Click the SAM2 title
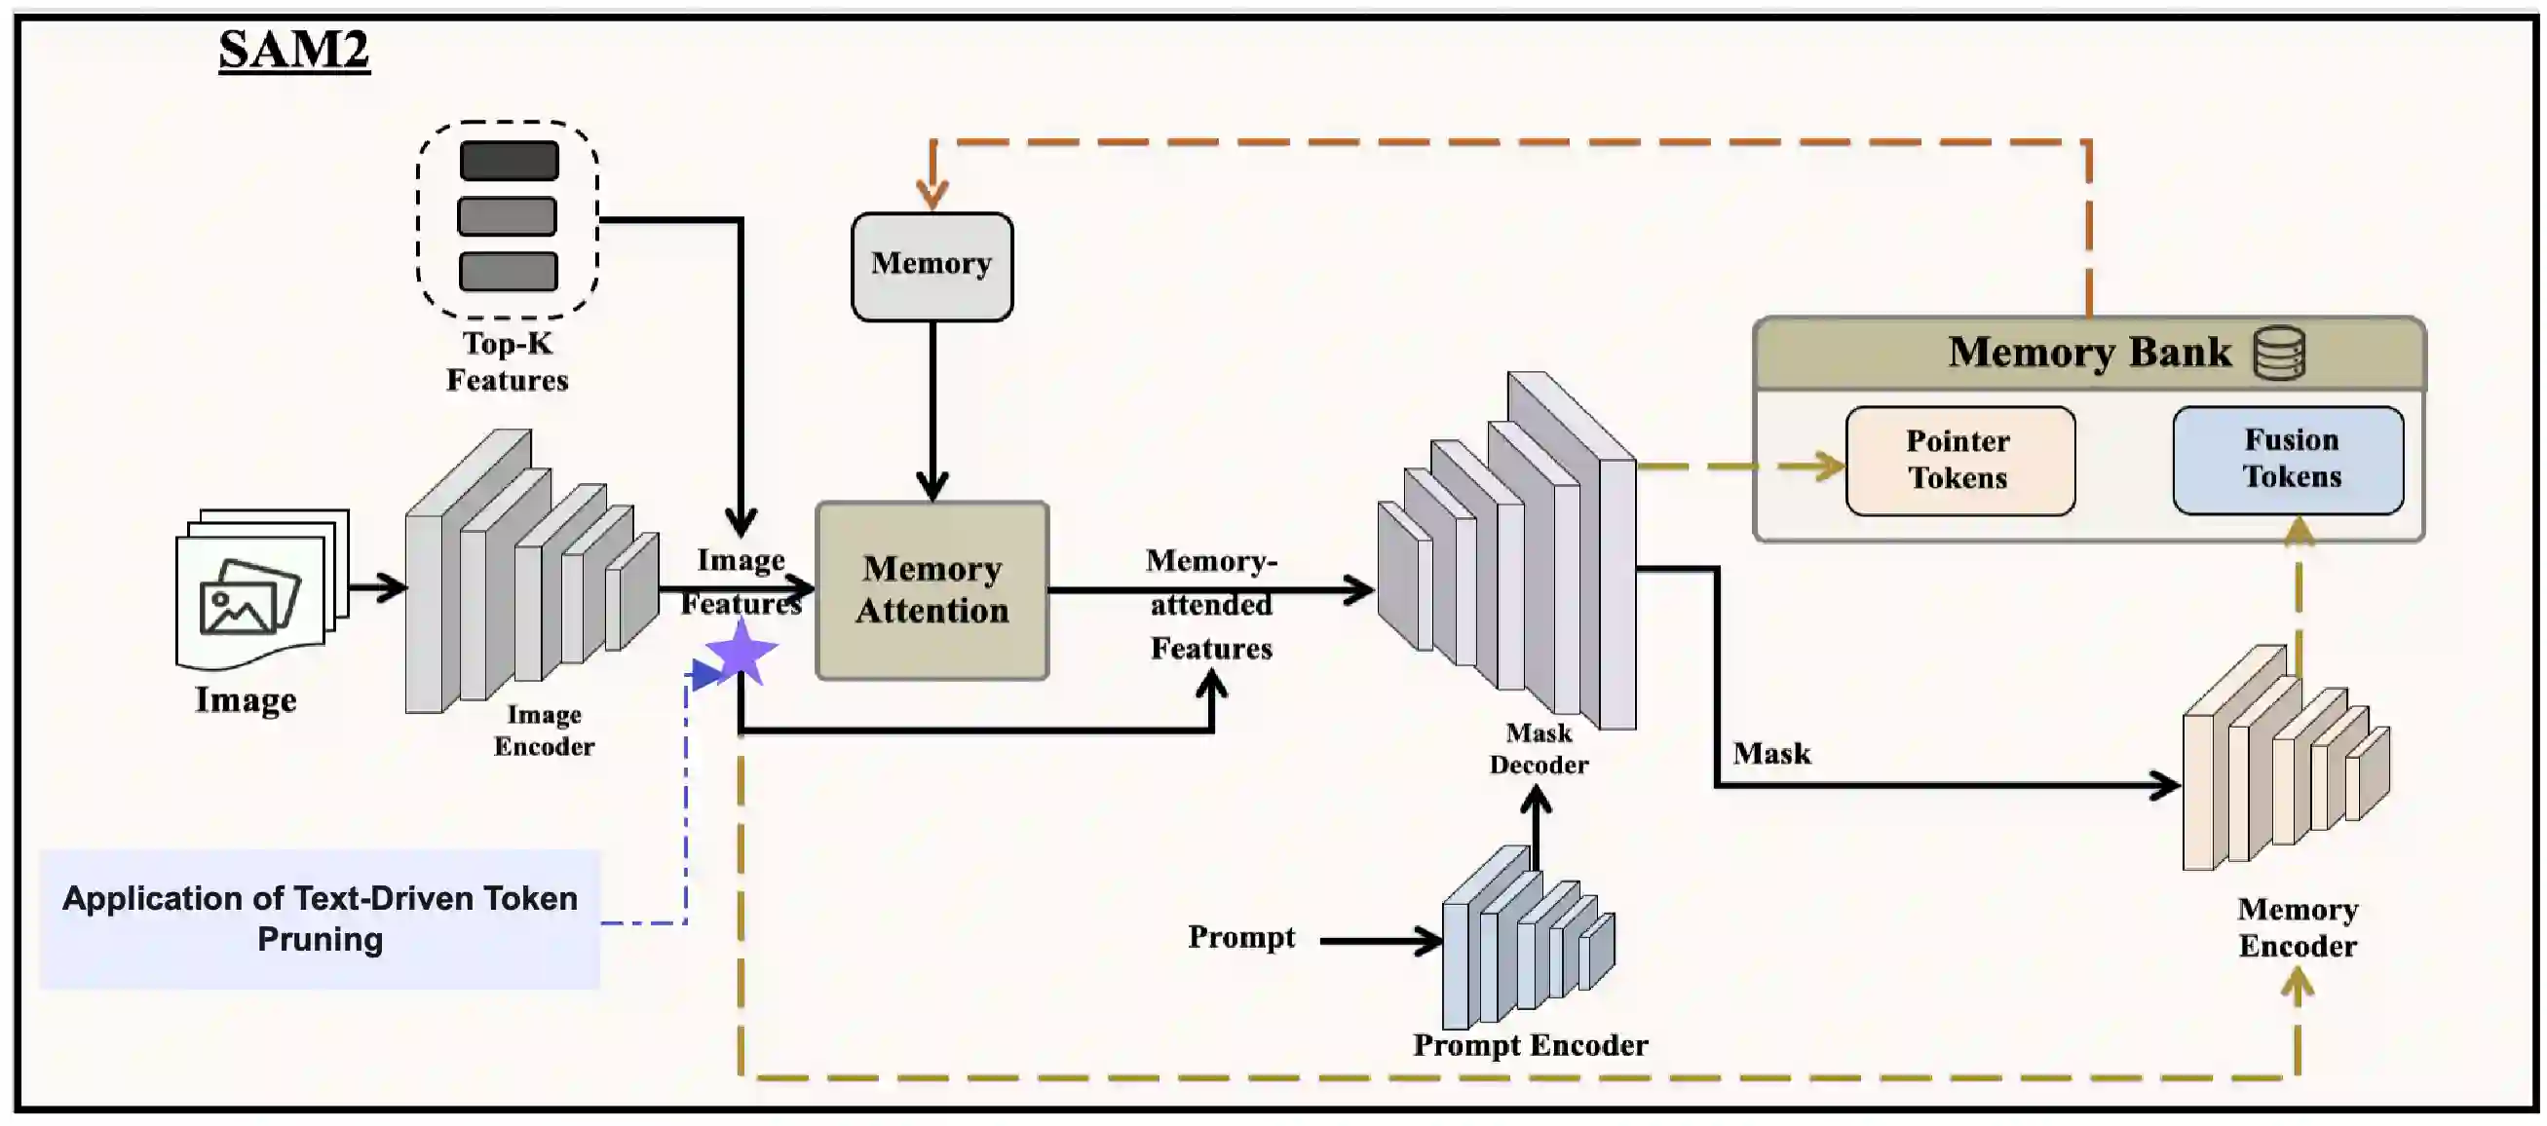coord(293,50)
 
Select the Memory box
coord(931,266)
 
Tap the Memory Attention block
coord(931,590)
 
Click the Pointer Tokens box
coord(1958,460)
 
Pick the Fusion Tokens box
coord(2288,459)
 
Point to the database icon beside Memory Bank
coord(2279,353)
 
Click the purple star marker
coord(741,653)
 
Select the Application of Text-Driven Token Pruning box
coord(320,919)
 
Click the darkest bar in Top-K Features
coord(509,160)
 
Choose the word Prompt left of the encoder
coord(1241,936)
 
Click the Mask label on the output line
coord(1770,753)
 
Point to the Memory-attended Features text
coord(1211,604)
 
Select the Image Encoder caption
coord(544,730)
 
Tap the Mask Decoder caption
coord(1539,748)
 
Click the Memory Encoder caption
coord(2297,927)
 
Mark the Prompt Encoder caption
coord(1530,1045)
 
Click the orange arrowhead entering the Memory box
coord(931,194)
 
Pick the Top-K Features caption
coord(508,361)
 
